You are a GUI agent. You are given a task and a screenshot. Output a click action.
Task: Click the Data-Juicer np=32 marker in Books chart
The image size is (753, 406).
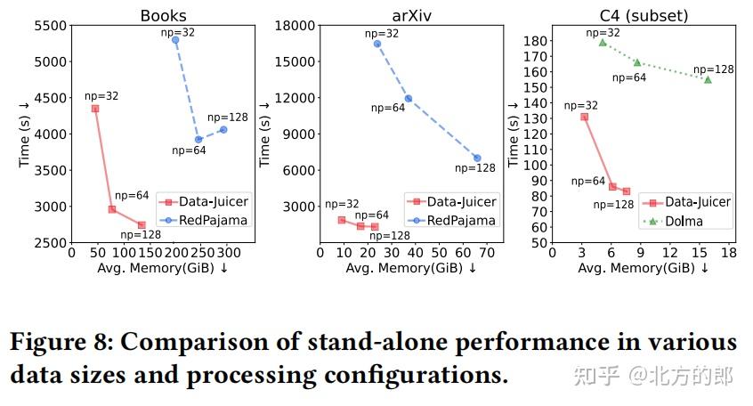click(95, 109)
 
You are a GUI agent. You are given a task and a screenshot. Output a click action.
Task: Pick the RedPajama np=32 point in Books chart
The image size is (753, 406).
click(175, 40)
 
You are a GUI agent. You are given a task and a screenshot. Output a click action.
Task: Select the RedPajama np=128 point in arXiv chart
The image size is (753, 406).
click(477, 158)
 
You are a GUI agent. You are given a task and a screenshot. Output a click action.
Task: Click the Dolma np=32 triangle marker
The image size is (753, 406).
click(603, 42)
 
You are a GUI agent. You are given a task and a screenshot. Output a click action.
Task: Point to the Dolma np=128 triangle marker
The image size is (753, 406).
click(708, 79)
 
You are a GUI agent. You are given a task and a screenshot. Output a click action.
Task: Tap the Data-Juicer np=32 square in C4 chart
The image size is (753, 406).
click(584, 117)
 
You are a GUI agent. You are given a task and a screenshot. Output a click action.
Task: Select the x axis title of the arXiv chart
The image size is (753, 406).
click(410, 268)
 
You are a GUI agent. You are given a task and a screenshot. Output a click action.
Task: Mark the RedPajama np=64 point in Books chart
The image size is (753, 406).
click(198, 140)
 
